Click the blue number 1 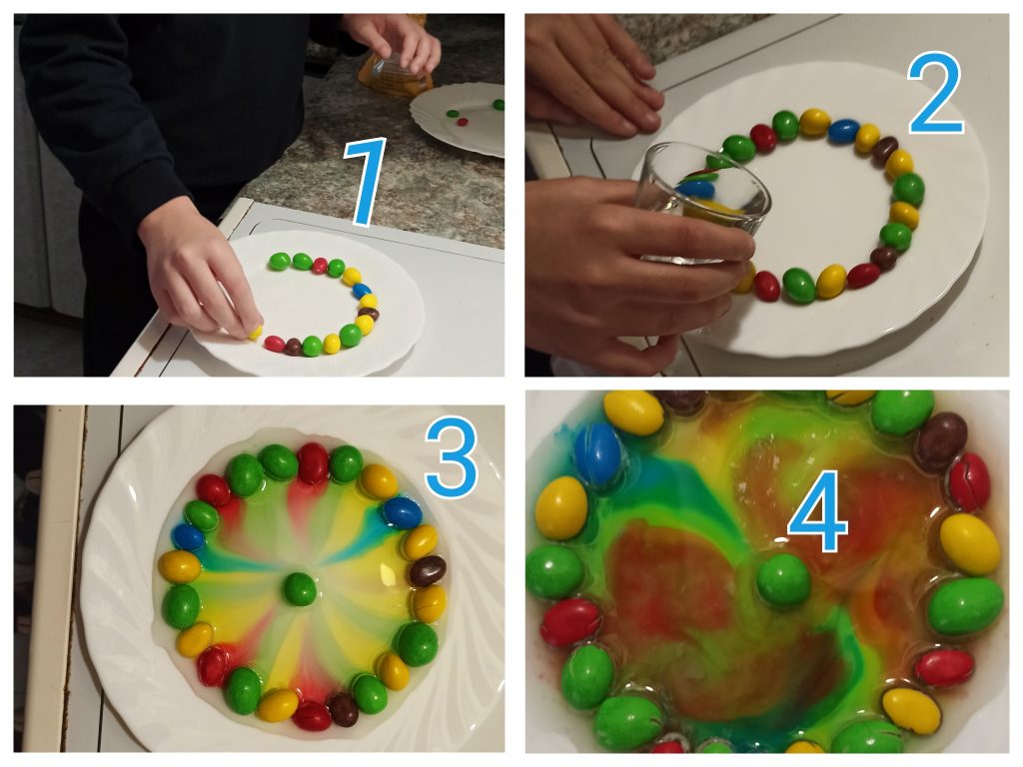(x=366, y=184)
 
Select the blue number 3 (x=453, y=458)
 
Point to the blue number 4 (x=818, y=513)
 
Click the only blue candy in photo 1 (x=361, y=290)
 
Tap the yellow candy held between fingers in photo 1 (x=255, y=332)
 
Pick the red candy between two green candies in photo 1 (x=320, y=266)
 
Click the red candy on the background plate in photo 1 (x=463, y=121)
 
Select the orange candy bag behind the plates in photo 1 (x=396, y=72)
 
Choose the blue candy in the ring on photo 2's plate (x=843, y=131)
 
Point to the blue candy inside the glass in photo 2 (x=696, y=189)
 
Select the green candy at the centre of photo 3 (x=300, y=588)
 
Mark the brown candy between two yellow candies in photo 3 (x=428, y=571)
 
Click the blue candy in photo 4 (x=598, y=454)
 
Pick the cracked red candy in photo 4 (x=969, y=482)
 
